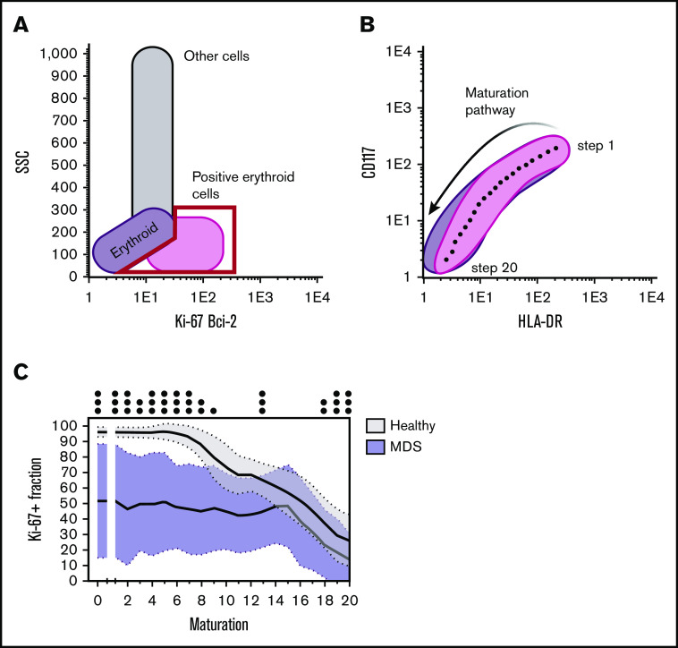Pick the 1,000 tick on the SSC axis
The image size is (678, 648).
point(60,53)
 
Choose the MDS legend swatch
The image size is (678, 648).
point(380,445)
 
